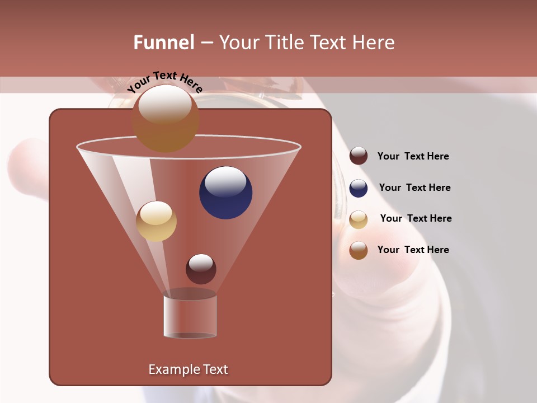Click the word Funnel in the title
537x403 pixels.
coord(164,43)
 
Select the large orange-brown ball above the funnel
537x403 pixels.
coord(166,119)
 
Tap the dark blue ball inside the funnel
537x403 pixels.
coord(226,194)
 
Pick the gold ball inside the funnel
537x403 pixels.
coord(156,222)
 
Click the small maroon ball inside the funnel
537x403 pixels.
coord(201,269)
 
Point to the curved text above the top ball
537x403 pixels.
coord(164,82)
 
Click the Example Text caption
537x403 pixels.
coord(188,369)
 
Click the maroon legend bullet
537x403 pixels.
coord(359,156)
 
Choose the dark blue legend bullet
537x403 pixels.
coord(359,188)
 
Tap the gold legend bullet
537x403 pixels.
coord(359,219)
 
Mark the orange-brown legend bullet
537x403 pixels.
coord(359,250)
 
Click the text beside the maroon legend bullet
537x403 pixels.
coord(413,157)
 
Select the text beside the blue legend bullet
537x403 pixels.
coord(414,188)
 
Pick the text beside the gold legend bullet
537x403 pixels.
coord(416,219)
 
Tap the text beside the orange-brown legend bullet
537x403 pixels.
coord(413,250)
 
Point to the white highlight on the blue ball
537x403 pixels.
coord(225,181)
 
